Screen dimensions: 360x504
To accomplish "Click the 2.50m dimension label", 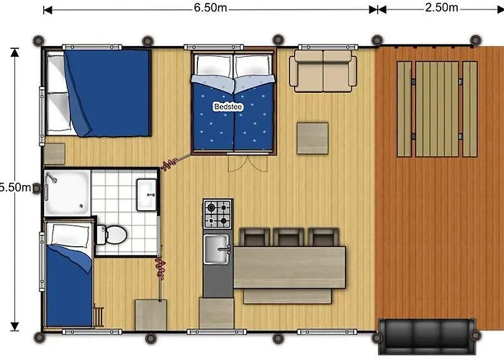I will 442,8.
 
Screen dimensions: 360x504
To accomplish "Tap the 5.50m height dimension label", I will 15,187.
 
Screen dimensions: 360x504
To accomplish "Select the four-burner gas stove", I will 217,214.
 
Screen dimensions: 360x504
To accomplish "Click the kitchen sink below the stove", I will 216,249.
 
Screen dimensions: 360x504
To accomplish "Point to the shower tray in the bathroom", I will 66,192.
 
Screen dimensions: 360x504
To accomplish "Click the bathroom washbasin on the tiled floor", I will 147,194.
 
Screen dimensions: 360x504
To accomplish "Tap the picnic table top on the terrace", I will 437,109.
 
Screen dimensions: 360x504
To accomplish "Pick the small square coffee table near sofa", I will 312,138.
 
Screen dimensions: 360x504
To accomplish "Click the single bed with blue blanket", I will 68,274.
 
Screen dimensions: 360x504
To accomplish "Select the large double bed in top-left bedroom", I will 98,92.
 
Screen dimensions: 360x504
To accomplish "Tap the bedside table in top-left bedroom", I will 54,154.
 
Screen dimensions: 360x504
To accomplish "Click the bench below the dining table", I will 287,296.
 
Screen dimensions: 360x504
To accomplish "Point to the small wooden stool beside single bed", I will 99,315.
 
